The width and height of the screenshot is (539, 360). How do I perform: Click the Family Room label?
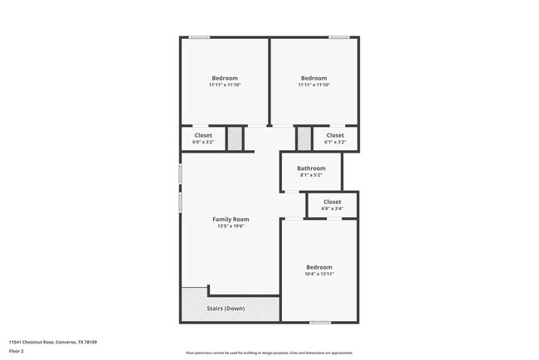[231, 219]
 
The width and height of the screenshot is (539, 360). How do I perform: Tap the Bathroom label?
[311, 168]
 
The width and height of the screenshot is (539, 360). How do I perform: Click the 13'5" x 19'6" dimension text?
[231, 226]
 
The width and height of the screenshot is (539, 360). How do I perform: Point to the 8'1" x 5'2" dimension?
[311, 175]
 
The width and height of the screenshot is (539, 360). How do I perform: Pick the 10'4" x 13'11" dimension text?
[318, 274]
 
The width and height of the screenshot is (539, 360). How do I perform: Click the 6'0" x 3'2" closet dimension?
[203, 142]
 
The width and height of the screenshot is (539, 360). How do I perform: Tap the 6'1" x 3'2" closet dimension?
[334, 142]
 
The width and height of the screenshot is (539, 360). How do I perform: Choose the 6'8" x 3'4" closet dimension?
[332, 208]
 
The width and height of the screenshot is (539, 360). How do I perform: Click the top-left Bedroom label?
[223, 78]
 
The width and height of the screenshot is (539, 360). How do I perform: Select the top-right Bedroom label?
[313, 78]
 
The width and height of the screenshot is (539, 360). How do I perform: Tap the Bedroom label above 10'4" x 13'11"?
[318, 266]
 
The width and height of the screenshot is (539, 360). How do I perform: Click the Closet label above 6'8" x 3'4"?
[332, 202]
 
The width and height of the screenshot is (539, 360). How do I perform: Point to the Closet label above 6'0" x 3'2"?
[203, 135]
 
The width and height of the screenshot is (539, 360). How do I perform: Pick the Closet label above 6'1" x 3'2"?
[334, 135]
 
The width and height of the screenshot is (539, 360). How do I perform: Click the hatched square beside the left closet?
[236, 139]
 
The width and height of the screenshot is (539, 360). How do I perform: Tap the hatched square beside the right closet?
[303, 139]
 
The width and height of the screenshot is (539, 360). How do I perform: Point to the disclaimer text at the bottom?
[269, 353]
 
